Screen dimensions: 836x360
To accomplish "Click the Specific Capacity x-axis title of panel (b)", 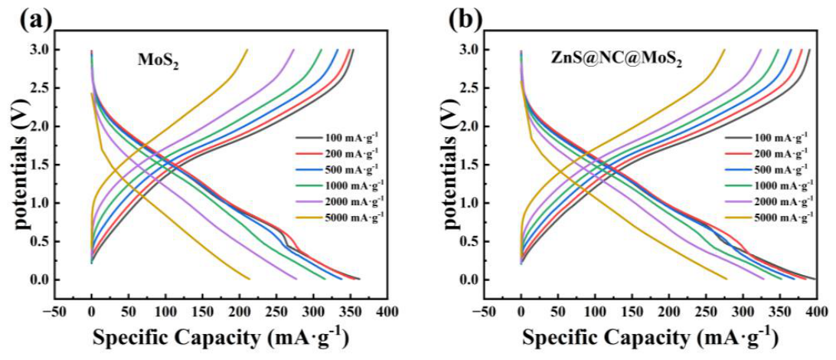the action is pos(649,337).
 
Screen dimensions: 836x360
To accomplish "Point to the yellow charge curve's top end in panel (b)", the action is pos(724,50).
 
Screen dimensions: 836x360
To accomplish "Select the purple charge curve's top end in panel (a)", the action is pos(294,50).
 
